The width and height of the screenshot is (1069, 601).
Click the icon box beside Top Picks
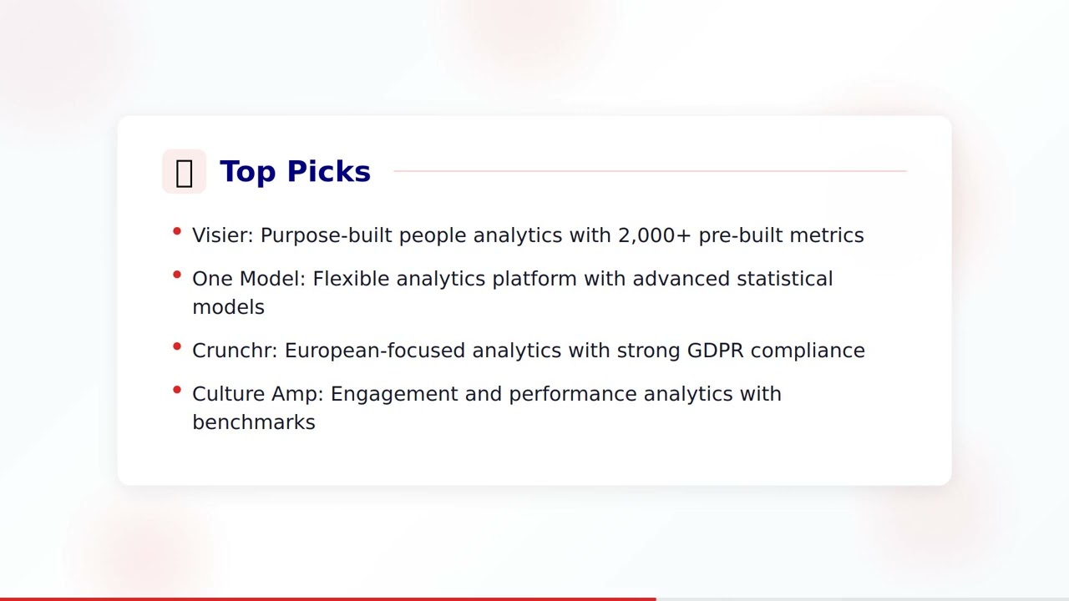point(184,172)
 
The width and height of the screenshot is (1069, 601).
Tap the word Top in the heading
point(247,172)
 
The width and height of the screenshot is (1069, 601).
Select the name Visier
point(220,235)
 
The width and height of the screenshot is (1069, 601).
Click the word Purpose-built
point(326,235)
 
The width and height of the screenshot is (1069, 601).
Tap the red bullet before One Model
point(177,274)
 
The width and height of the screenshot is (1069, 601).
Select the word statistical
point(784,279)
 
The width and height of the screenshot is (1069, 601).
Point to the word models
point(228,307)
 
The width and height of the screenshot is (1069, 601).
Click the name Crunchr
point(233,351)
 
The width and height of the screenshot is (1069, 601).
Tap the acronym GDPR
point(715,351)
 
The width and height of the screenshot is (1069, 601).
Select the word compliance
point(807,351)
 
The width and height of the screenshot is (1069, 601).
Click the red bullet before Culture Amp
point(177,389)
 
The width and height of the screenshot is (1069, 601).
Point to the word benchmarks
point(253,422)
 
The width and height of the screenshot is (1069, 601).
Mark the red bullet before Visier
point(177,230)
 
